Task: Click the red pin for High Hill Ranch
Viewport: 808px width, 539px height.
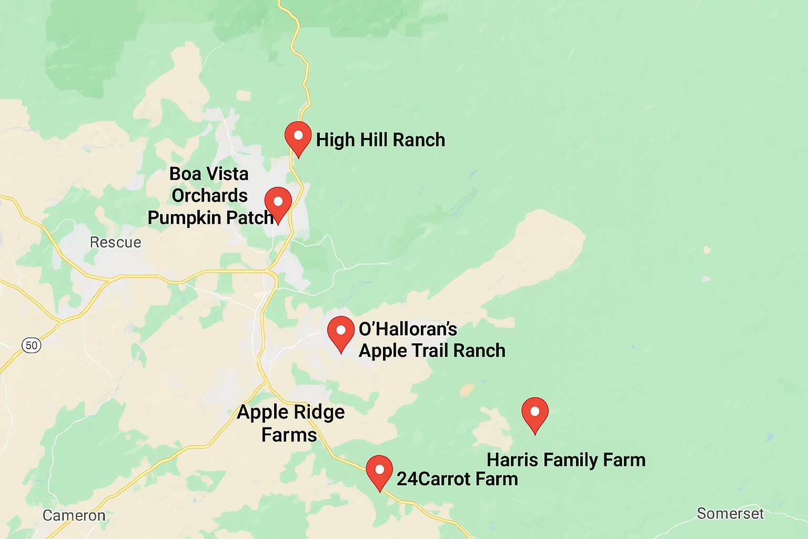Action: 298,136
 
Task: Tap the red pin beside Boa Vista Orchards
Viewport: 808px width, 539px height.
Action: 278,203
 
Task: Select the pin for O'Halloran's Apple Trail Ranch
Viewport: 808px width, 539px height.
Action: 341,332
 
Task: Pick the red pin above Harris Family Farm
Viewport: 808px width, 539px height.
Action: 535,413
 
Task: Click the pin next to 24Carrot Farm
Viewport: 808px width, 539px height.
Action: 379,471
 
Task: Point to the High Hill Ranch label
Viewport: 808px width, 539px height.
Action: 380,140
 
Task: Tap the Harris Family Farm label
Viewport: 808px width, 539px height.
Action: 566,460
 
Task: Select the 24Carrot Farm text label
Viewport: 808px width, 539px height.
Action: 457,479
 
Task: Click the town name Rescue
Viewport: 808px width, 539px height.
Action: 115,242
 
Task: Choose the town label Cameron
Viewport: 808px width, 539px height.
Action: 74,515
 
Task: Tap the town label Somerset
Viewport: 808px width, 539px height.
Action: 730,513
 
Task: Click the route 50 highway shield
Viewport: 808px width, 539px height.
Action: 32,345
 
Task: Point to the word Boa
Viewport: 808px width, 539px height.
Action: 185,174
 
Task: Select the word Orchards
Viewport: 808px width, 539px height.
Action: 209,196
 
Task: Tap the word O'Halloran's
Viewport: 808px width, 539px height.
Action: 408,330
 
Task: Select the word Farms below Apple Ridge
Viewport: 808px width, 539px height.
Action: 289,435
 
